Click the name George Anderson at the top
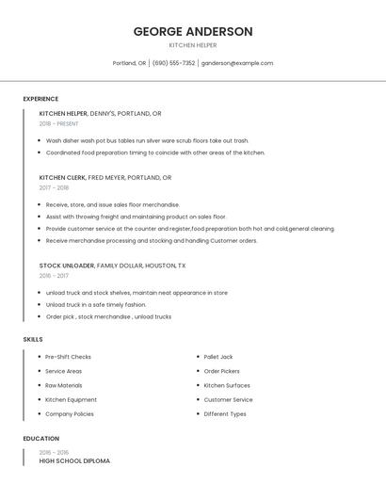[193, 31]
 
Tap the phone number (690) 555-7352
[173, 63]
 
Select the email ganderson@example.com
[237, 63]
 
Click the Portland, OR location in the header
[129, 63]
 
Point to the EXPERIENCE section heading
[40, 99]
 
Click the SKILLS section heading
[33, 339]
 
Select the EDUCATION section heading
[41, 439]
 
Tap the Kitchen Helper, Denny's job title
[101, 114]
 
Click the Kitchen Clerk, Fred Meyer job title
[105, 177]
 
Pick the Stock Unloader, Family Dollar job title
[113, 266]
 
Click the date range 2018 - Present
[58, 123]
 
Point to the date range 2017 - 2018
[54, 187]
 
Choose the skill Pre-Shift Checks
[68, 357]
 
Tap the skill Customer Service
[228, 399]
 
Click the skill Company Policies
[70, 413]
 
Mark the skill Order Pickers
[222, 371]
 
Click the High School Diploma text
[74, 461]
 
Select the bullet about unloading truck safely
[96, 304]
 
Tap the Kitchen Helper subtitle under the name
[193, 45]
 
